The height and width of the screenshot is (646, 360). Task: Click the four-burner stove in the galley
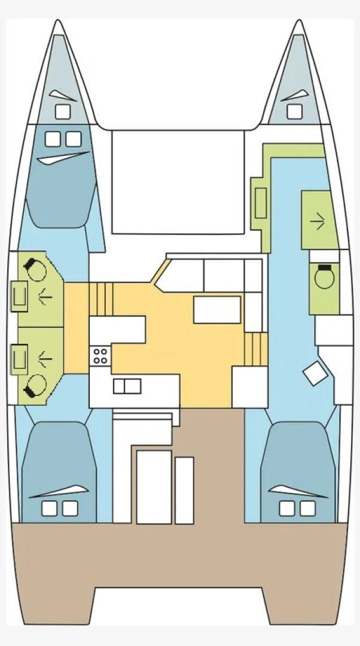[x=100, y=356]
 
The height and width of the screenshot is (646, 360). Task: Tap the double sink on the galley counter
[x=127, y=386]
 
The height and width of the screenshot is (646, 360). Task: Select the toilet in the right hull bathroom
[x=324, y=278]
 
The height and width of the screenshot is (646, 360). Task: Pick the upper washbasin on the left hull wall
[x=19, y=295]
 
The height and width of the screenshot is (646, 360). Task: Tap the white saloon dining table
[x=216, y=309]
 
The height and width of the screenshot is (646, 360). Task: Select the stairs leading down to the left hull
[x=101, y=299]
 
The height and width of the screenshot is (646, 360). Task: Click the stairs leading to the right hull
[x=255, y=349]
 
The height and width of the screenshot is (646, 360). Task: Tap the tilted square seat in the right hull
[x=315, y=374]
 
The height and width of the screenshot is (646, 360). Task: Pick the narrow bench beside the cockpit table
[x=184, y=489]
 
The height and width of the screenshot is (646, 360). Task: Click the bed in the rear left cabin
[x=59, y=473]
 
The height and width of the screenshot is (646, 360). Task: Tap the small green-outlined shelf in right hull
[x=260, y=203]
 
